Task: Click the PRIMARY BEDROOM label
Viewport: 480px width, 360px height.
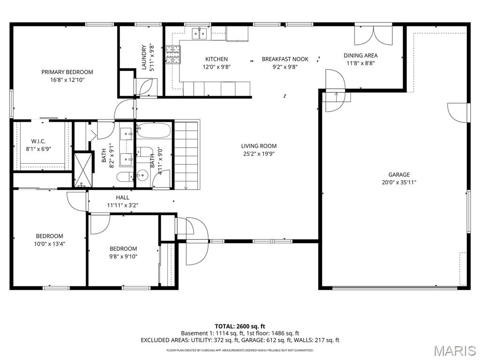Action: (67, 72)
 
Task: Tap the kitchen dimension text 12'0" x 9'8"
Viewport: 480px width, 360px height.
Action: (216, 67)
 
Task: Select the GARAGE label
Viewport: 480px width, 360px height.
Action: (398, 175)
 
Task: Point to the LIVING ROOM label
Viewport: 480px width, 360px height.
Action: (259, 146)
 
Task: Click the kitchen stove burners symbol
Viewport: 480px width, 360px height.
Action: (172, 54)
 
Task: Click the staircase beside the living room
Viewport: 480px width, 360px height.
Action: (187, 155)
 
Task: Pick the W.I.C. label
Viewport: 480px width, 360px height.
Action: (38, 141)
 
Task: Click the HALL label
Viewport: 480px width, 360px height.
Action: (122, 197)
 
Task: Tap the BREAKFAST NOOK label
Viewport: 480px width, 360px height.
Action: (285, 59)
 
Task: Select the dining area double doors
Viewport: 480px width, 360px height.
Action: (373, 34)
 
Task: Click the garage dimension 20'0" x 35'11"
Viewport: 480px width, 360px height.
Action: (398, 182)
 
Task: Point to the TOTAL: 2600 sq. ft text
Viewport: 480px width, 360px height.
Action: (240, 326)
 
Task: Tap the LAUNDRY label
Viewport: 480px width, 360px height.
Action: (144, 57)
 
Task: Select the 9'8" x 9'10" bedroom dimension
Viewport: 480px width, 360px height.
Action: (123, 256)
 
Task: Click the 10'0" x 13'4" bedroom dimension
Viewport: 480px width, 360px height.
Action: (49, 244)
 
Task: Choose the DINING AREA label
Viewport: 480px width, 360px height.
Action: (360, 55)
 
